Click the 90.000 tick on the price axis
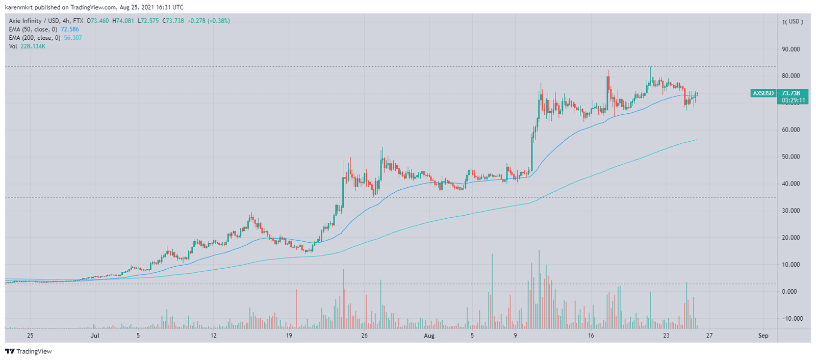point(790,49)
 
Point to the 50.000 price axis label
point(790,157)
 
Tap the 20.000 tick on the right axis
point(790,238)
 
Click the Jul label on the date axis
point(94,336)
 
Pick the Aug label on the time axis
point(429,336)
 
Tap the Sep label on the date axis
point(763,336)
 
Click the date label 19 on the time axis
point(289,336)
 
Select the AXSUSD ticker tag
point(763,93)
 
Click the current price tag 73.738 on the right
point(791,93)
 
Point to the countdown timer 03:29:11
point(794,100)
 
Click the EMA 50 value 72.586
point(70,30)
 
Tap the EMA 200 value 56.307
point(73,38)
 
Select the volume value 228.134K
point(33,46)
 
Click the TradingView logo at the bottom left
point(29,351)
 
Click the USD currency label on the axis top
point(795,21)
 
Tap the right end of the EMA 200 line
point(697,140)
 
